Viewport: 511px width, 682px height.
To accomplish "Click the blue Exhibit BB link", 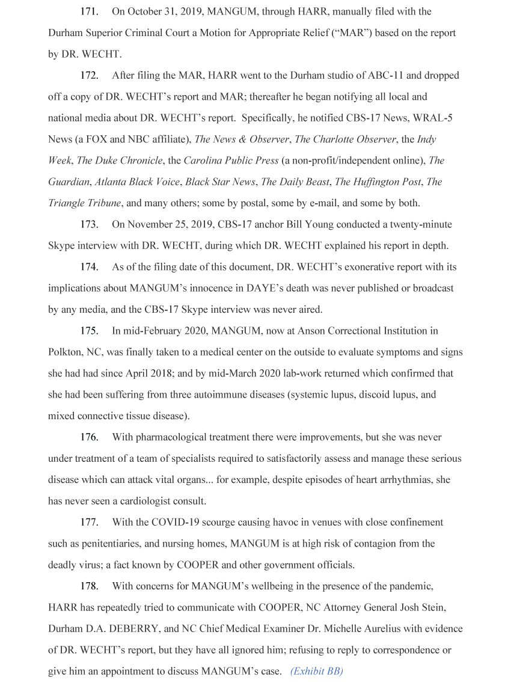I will pyautogui.click(x=316, y=671).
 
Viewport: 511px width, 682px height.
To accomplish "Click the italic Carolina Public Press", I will pyautogui.click(x=231, y=161).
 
